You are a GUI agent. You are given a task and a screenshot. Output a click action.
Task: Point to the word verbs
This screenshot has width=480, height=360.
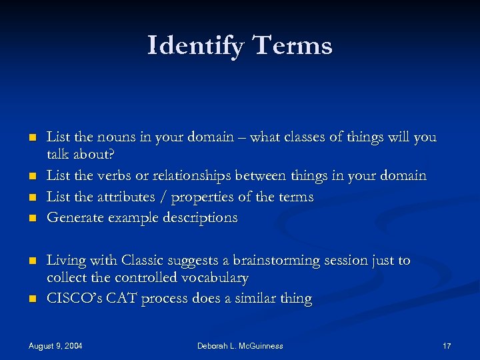[x=113, y=175]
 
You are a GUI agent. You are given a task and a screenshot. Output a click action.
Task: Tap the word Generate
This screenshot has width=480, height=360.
[x=73, y=218]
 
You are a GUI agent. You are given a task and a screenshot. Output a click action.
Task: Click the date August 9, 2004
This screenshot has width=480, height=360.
[x=55, y=345]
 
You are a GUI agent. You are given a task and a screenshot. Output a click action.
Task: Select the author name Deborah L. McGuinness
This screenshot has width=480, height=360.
[x=240, y=345]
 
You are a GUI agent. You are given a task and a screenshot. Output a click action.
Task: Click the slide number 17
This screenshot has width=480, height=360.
[x=447, y=345]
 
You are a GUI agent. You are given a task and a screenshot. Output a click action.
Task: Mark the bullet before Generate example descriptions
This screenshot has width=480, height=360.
[x=31, y=219]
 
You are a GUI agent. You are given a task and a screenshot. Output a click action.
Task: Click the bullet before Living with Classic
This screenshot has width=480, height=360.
[x=31, y=261]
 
